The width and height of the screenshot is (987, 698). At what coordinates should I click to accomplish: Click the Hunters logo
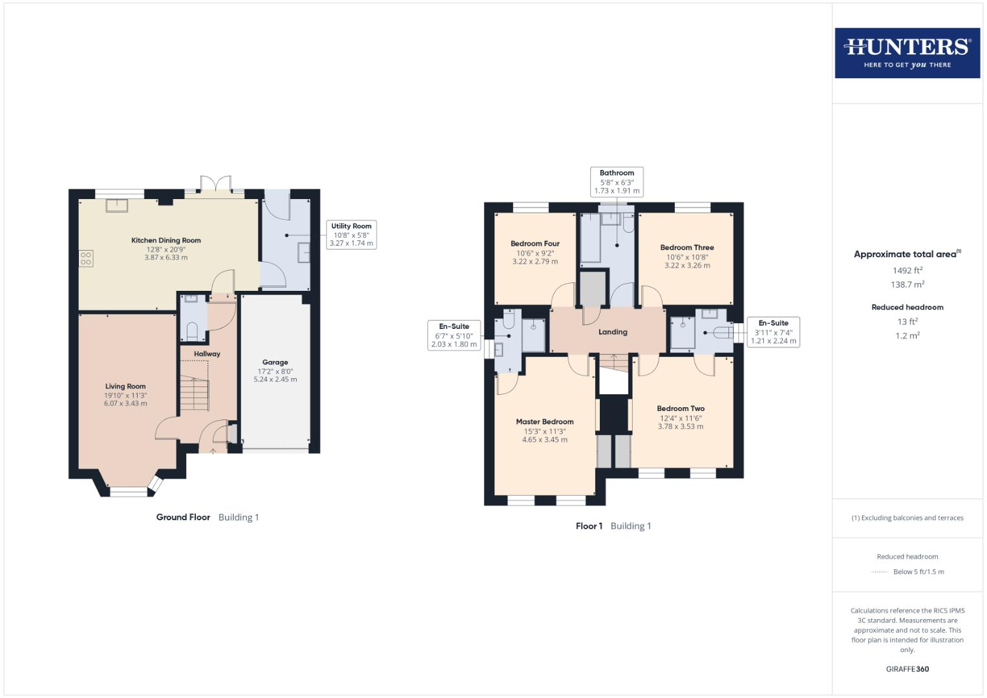(907, 52)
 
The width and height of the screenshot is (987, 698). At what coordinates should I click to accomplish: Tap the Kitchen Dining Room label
(166, 240)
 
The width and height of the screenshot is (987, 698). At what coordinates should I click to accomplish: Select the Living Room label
(125, 386)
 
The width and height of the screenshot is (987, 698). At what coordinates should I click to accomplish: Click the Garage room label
(275, 363)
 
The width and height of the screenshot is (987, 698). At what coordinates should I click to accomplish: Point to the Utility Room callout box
(351, 235)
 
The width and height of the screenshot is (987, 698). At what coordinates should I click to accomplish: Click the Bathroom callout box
(617, 182)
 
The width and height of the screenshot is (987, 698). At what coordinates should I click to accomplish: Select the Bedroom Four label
(535, 244)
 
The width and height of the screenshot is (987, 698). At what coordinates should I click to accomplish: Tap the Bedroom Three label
(686, 248)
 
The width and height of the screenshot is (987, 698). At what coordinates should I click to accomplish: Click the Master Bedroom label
(544, 422)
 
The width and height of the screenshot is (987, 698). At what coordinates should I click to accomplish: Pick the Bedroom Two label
(680, 408)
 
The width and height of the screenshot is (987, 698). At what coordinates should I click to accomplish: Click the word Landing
(612, 332)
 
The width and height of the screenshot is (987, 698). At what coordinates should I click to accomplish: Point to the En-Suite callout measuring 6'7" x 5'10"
(454, 335)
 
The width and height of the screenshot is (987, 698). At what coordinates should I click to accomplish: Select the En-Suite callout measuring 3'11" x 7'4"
(773, 332)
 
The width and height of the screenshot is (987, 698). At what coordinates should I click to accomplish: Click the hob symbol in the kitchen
(86, 259)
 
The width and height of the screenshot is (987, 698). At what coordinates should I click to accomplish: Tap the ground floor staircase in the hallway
(195, 393)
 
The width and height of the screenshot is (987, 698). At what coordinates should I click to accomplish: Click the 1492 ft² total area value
(907, 271)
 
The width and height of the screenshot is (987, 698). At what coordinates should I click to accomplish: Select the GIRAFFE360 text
(907, 669)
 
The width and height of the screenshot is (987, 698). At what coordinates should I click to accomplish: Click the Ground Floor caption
(184, 517)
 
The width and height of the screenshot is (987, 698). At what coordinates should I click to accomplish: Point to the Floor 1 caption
(589, 526)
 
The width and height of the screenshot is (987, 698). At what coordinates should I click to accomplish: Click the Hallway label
(207, 354)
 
